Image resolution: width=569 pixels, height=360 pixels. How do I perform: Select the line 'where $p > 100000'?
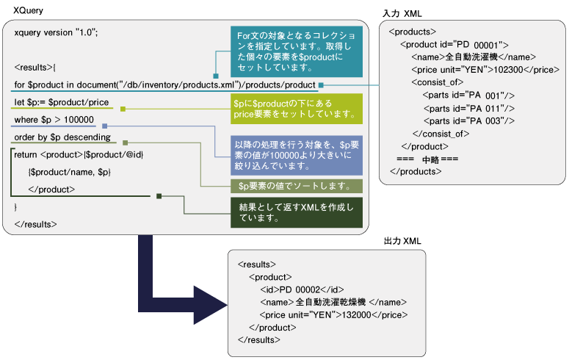[54, 119]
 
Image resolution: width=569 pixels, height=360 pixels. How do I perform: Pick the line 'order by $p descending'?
[62, 137]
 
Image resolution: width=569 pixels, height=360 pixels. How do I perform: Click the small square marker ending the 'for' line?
[322, 85]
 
